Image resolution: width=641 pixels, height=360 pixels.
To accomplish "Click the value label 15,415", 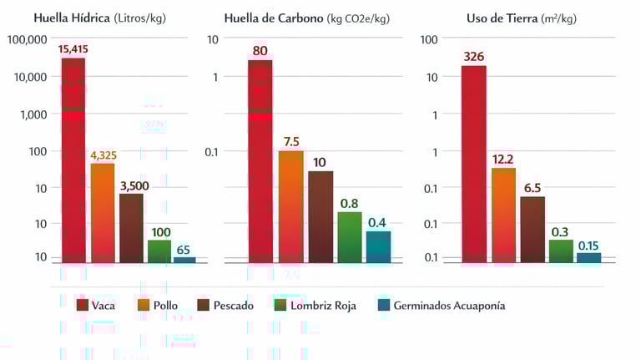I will (73, 50).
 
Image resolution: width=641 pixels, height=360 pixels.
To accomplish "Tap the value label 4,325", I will (103, 155).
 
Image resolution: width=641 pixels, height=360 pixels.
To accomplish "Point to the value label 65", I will (184, 249).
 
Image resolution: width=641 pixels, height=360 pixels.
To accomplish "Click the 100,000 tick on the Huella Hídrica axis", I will (27, 38).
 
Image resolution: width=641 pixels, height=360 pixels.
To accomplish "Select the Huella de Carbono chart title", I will (306, 18).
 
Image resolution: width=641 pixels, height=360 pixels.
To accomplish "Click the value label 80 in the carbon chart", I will (260, 51).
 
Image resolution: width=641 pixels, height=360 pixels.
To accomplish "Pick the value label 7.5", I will (290, 141).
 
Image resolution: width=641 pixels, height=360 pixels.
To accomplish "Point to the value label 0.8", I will (350, 203).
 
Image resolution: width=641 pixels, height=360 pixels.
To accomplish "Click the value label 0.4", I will (377, 222).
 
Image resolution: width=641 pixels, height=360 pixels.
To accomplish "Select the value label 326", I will (473, 57).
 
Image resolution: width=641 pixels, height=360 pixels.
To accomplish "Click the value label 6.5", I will (532, 188).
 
